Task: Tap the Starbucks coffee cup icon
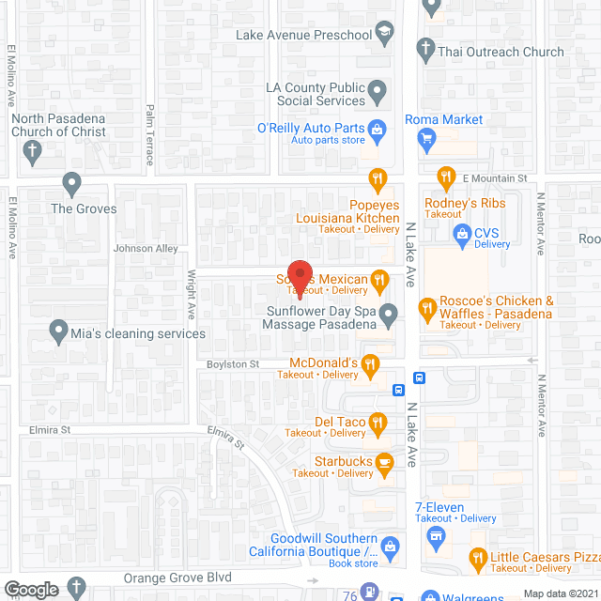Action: pos(383,462)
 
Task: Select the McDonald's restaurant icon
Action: pos(371,363)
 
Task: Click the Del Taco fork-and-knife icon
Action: pos(378,422)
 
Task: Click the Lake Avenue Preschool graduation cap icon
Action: pos(383,36)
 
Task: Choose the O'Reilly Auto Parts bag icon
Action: pos(377,129)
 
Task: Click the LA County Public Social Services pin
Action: pos(378,92)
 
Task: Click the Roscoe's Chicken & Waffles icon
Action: pos(427,306)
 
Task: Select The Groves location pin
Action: pos(71,182)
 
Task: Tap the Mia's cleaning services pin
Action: pos(59,331)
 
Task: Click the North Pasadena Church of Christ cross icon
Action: pos(32,151)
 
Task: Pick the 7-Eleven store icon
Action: pos(435,536)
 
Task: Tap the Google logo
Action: pos(30,590)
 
